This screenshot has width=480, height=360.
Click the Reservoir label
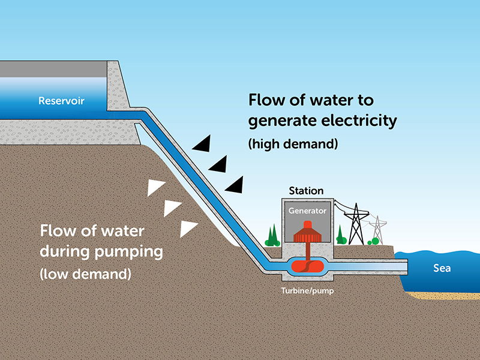click(x=61, y=100)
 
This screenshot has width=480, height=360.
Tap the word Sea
click(x=442, y=268)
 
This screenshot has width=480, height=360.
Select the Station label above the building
click(x=306, y=191)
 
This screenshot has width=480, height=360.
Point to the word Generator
click(x=307, y=211)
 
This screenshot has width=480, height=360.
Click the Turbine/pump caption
click(x=307, y=290)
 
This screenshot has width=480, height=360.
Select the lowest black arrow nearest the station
click(x=235, y=185)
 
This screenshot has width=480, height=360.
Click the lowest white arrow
click(x=188, y=229)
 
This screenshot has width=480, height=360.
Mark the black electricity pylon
click(x=358, y=224)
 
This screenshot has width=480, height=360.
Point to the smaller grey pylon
click(x=377, y=229)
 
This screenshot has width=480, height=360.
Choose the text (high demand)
click(x=293, y=145)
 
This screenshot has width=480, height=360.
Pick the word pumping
click(x=125, y=251)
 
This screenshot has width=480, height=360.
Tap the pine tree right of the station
click(x=340, y=235)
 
